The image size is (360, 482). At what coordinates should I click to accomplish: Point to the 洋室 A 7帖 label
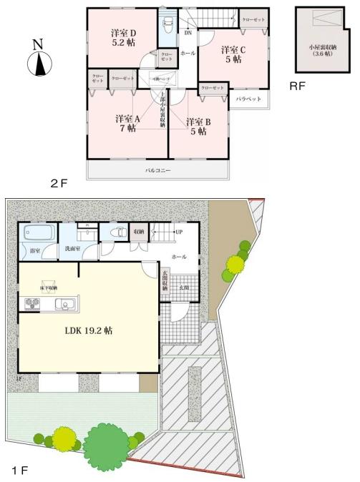click(128, 124)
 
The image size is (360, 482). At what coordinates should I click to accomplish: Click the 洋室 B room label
click(198, 126)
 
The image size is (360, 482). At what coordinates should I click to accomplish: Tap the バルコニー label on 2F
click(157, 171)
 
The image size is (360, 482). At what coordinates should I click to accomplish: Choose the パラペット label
click(248, 99)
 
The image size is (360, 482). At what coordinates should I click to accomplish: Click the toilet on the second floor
click(168, 26)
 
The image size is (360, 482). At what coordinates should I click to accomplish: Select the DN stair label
click(188, 33)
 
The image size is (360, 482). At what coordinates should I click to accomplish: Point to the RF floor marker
click(298, 87)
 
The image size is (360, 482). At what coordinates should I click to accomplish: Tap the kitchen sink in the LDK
click(63, 305)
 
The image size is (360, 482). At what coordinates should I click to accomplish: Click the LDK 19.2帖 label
click(89, 331)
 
